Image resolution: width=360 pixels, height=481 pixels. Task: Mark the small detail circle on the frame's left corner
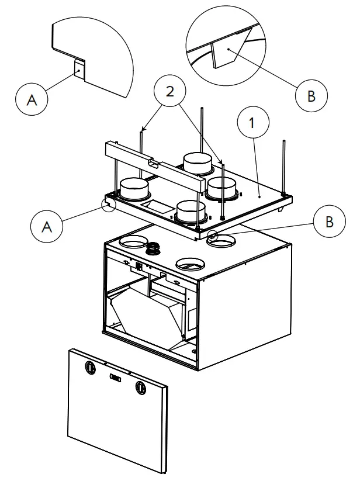109,204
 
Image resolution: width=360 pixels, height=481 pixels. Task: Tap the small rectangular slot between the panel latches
115,378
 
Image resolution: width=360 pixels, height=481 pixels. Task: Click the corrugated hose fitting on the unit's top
154,248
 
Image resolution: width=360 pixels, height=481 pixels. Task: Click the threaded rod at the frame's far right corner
283,167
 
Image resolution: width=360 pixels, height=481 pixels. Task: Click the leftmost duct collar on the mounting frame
135,189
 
